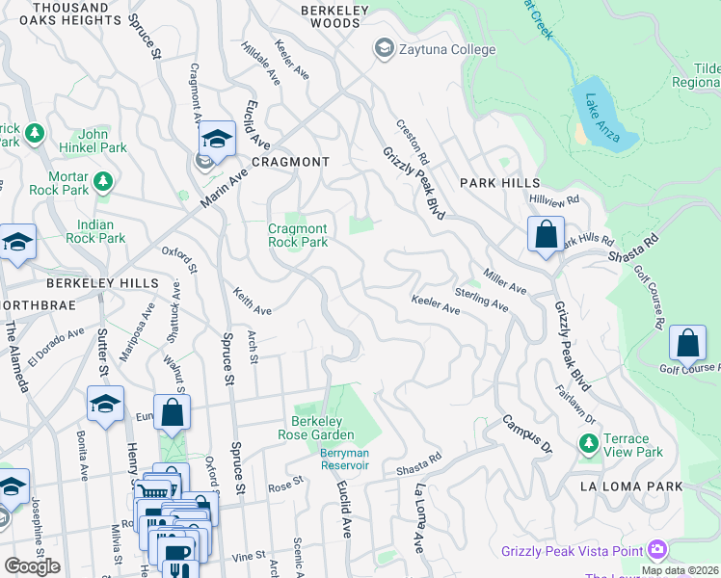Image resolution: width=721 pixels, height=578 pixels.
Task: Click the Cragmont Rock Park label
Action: point(298,235)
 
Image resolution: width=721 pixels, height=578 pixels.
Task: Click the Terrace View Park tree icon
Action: point(588,443)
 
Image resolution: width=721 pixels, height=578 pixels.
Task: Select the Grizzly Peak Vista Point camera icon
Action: point(657,550)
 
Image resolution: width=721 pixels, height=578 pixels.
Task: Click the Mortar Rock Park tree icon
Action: point(101,180)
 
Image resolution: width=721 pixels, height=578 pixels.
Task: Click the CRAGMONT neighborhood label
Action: point(291,162)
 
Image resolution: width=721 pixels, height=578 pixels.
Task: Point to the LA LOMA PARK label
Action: point(631,486)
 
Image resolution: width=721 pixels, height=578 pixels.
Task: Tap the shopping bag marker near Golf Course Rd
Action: point(687,343)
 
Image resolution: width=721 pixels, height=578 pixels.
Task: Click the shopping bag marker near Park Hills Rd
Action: point(546,234)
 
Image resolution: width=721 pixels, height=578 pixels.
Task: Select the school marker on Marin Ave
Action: point(218,140)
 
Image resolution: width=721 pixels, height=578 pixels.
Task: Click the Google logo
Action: point(32,566)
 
